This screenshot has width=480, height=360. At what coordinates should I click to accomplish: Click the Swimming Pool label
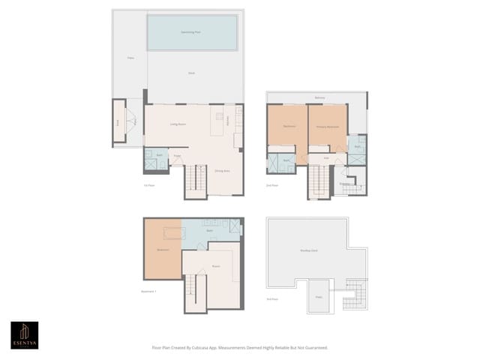(190, 33)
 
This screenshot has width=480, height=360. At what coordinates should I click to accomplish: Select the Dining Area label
(222, 171)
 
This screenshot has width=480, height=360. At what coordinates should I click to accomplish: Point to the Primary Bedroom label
(327, 127)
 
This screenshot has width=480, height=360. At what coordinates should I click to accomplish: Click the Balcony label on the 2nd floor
(320, 97)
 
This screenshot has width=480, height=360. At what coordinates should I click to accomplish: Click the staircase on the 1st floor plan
(195, 180)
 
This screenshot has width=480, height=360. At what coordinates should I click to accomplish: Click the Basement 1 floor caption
(148, 291)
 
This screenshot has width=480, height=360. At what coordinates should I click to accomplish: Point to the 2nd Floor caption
(272, 184)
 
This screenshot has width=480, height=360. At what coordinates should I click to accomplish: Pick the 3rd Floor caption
(272, 299)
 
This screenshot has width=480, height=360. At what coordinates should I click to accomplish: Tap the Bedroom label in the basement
(163, 249)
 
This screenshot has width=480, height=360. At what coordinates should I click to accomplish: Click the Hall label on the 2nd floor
(326, 158)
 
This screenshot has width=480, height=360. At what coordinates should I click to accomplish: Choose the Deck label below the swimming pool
(192, 73)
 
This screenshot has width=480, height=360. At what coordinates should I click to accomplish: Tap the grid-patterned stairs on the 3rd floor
(353, 294)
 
